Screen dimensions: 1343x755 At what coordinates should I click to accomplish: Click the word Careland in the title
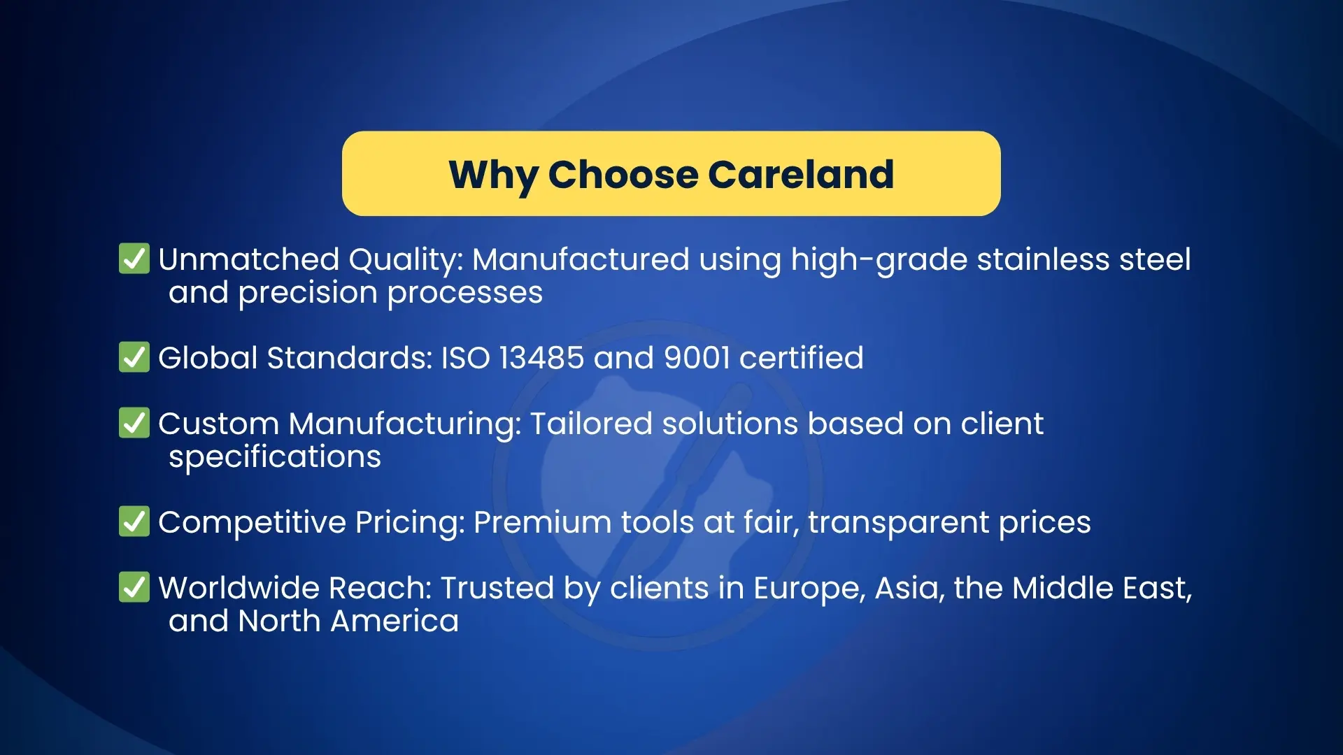click(x=801, y=174)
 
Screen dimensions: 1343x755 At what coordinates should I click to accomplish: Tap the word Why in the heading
click(x=493, y=177)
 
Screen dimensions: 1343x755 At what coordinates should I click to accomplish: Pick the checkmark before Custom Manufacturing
click(x=134, y=422)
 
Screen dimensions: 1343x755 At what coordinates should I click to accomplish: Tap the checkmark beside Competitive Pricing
click(x=134, y=521)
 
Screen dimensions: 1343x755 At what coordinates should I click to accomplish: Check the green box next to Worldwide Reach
click(x=134, y=587)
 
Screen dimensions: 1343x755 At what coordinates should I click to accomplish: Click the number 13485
click(x=541, y=358)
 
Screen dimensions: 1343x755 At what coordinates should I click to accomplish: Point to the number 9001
click(x=697, y=358)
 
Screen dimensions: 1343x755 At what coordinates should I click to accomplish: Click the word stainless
click(x=1043, y=259)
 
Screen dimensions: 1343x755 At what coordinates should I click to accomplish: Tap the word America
click(x=395, y=621)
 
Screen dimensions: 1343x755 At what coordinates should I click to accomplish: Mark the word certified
click(x=802, y=358)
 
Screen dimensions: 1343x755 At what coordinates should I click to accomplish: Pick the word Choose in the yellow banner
click(x=623, y=174)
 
